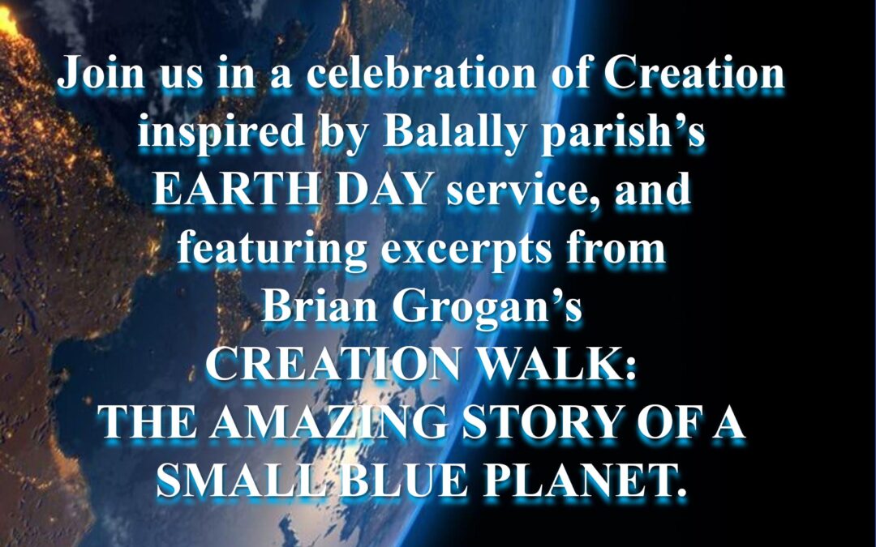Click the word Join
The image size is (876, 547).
[101, 74]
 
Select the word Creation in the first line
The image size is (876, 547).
[694, 73]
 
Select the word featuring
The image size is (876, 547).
[272, 250]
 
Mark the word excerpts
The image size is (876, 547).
[466, 250]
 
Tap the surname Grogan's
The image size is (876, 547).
[487, 308]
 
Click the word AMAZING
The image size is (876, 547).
[329, 422]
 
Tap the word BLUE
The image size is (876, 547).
[404, 480]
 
